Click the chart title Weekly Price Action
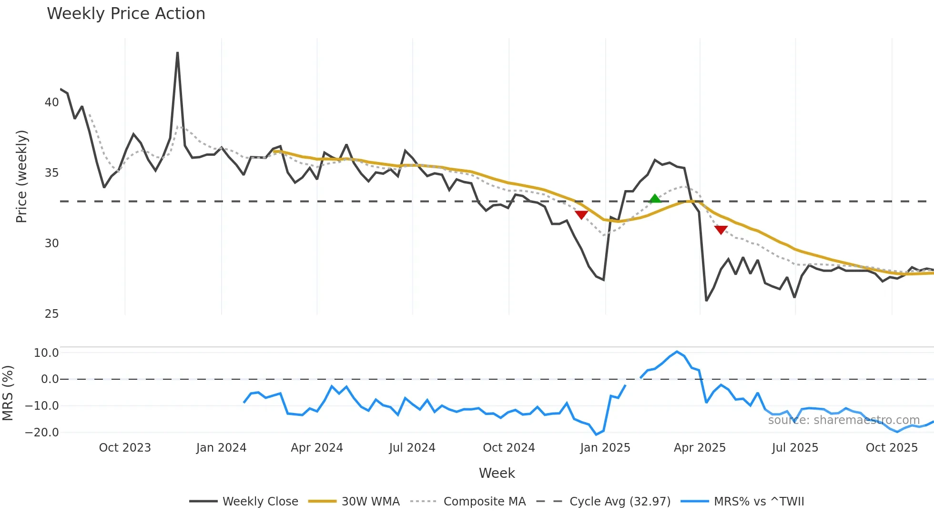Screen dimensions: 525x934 point(126,14)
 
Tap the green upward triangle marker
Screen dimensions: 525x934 point(655,199)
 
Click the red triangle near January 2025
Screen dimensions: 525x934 point(581,215)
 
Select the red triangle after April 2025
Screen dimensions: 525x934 point(721,230)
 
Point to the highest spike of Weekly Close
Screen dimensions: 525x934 point(177,53)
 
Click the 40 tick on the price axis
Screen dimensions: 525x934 point(51,102)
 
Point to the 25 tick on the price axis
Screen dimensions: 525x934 point(51,314)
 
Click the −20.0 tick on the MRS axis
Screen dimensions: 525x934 point(42,433)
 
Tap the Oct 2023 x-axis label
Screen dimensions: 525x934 point(125,448)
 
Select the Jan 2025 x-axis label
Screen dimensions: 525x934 point(605,448)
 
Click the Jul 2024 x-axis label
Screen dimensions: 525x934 point(412,448)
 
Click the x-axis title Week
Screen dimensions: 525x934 point(497,473)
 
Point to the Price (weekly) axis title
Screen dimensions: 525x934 point(21,176)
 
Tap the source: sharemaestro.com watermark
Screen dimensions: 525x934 point(843,420)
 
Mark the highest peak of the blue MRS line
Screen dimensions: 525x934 point(677,352)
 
